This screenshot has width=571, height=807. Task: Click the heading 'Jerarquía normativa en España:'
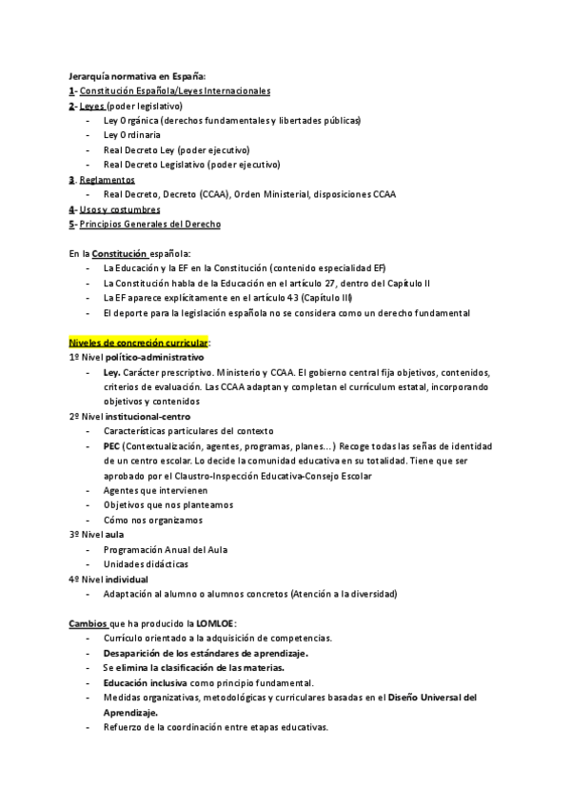coord(137,76)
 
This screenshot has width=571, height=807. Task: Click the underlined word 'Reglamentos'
coord(108,180)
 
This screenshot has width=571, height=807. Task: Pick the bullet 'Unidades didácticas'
coord(146,564)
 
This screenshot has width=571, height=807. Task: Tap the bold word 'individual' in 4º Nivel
coord(128,579)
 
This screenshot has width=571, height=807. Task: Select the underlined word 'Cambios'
coord(88,623)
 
